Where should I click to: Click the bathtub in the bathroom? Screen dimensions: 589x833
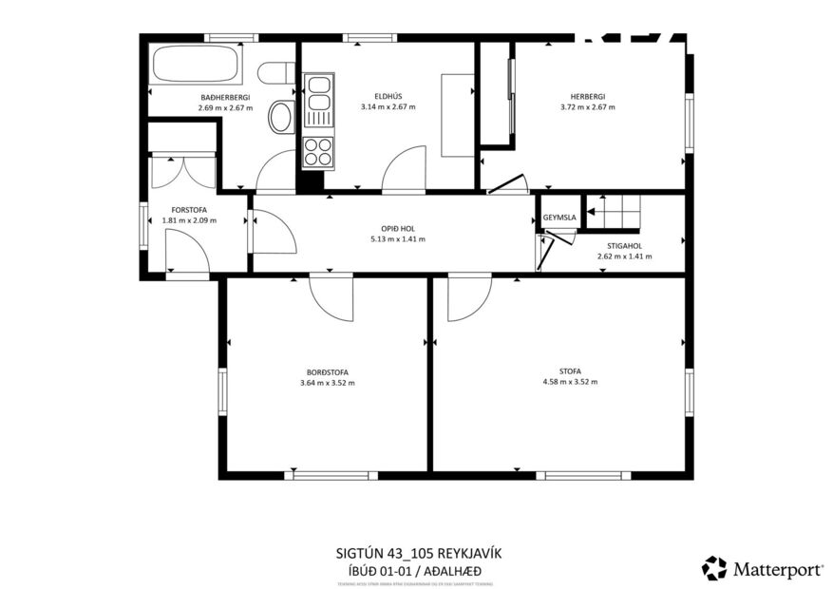click(x=197, y=65)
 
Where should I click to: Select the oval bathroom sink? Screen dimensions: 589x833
click(x=282, y=118)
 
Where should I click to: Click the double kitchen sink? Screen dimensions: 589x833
click(x=318, y=94)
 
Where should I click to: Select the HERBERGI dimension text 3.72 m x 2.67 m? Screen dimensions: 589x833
click(x=587, y=107)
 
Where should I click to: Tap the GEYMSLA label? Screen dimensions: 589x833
click(x=559, y=218)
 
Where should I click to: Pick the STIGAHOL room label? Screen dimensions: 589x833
click(x=624, y=245)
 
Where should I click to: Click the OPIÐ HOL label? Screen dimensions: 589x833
click(x=397, y=228)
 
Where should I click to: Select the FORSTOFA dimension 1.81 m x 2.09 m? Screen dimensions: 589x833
click(x=189, y=220)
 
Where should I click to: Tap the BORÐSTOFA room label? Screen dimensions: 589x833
click(x=327, y=371)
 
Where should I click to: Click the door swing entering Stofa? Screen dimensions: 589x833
click(x=466, y=297)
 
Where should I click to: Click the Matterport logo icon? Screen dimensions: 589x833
click(x=713, y=568)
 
